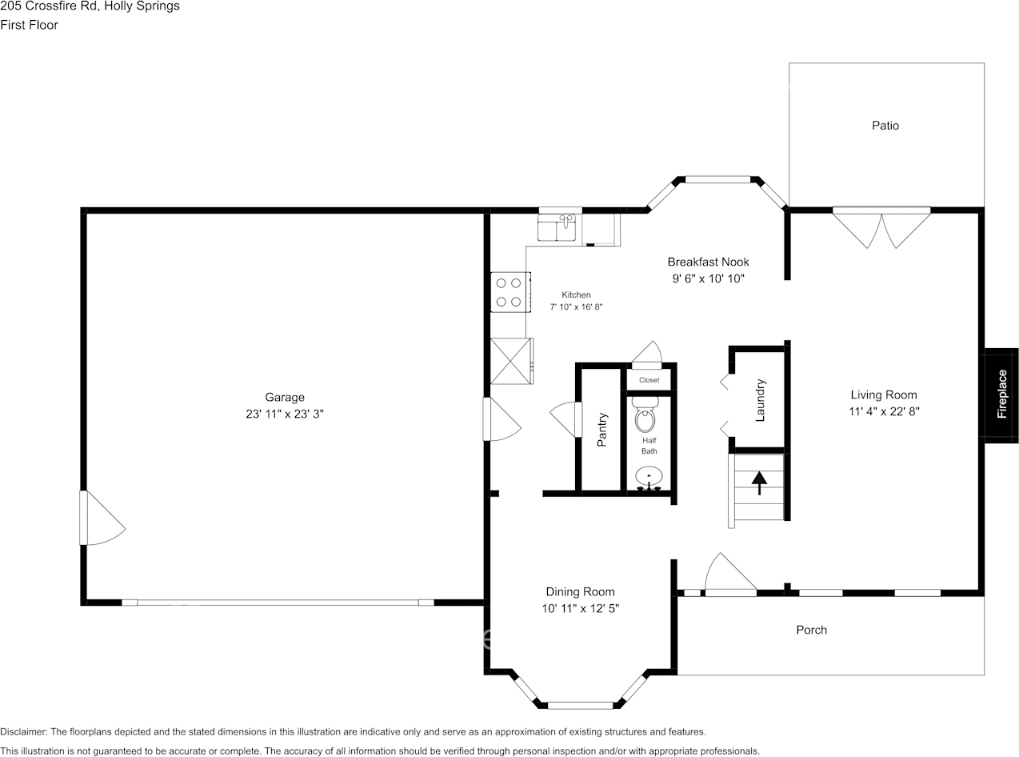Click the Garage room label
(285, 397)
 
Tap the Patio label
(885, 126)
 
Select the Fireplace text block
(1001, 395)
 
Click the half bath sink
(649, 478)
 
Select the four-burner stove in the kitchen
(509, 292)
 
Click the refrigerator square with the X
(511, 361)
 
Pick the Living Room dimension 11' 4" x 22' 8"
(884, 412)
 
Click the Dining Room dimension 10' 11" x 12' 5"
(581, 609)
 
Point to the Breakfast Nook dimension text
(708, 279)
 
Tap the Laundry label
(761, 400)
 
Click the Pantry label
(602, 430)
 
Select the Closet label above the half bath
(649, 380)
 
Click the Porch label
(811, 630)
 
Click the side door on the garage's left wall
(100, 519)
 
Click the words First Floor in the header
(29, 25)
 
